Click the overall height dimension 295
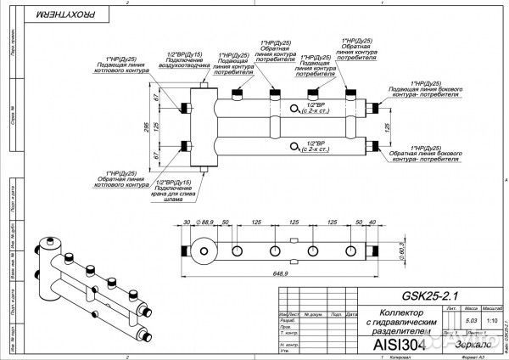[x=149, y=126]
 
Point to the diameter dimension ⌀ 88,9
[x=204, y=222]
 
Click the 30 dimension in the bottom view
[x=187, y=222]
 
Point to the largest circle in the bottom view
[x=204, y=252]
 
